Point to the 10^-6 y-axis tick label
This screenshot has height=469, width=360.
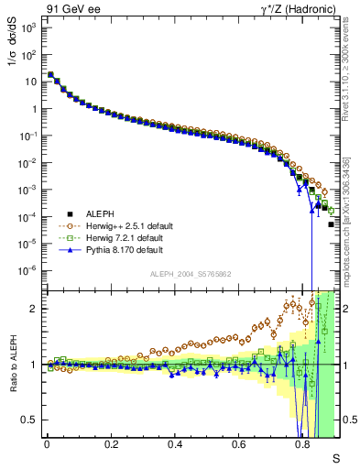(27, 270)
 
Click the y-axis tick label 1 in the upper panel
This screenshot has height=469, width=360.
(34, 109)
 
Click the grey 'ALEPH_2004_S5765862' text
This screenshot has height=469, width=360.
(191, 274)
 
